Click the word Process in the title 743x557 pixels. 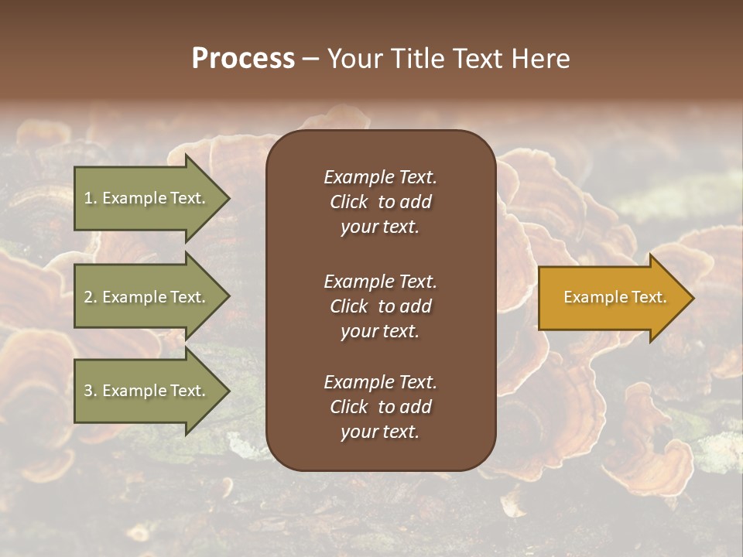click(x=243, y=59)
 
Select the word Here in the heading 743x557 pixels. click(x=539, y=59)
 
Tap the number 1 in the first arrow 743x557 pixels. click(x=88, y=198)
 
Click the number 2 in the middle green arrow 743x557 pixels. click(x=88, y=297)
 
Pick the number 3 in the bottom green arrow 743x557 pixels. click(x=88, y=391)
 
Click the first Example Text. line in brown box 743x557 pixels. click(x=380, y=177)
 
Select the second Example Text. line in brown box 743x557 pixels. click(x=380, y=282)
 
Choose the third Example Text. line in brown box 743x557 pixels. click(x=380, y=382)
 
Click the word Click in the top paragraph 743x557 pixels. click(x=348, y=202)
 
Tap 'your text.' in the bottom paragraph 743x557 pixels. click(x=380, y=432)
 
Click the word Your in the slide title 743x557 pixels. click(x=352, y=59)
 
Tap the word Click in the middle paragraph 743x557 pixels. click(x=348, y=306)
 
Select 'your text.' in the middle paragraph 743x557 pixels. click(x=380, y=331)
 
